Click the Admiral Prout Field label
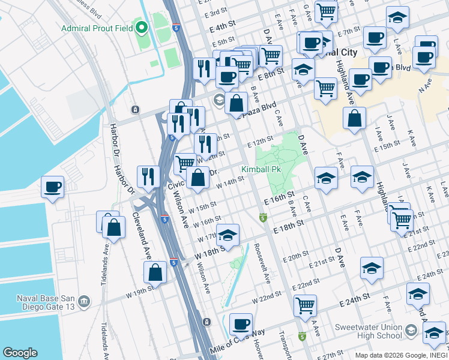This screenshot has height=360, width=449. click(97, 28)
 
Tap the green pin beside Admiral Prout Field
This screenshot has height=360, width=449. click(142, 28)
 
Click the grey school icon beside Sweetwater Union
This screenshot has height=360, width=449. click(411, 331)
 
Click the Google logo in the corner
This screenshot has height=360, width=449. click(20, 353)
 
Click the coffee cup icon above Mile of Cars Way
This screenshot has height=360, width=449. click(241, 324)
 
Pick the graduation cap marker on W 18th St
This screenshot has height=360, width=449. click(228, 236)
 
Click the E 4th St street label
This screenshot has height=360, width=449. click(222, 27)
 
